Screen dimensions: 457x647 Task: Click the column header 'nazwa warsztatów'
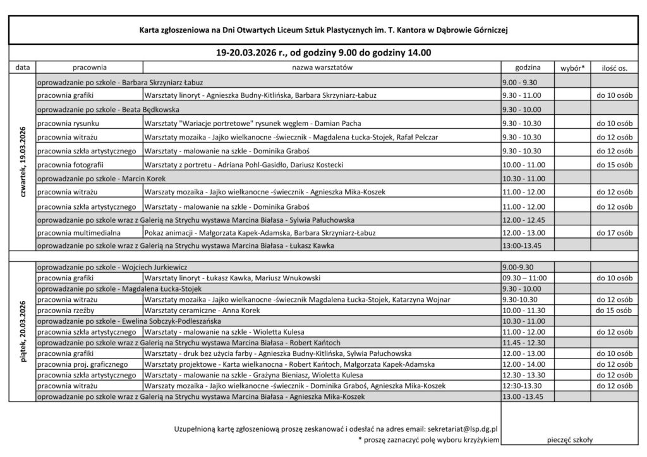tap(322, 67)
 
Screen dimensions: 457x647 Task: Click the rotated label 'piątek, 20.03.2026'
tap(23, 331)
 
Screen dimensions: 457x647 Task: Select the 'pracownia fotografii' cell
tap(71, 165)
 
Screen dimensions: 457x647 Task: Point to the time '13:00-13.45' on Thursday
tap(521, 246)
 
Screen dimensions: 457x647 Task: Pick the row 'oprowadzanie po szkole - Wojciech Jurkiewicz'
tap(112, 267)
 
